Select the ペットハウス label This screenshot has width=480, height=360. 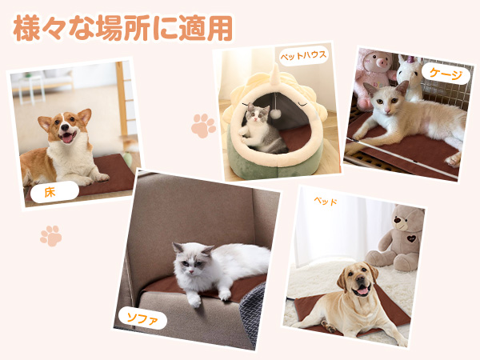point(302,57)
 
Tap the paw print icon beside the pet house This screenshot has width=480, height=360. point(204,125)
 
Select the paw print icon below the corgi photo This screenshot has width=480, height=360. point(51,235)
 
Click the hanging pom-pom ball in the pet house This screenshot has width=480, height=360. point(274,114)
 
